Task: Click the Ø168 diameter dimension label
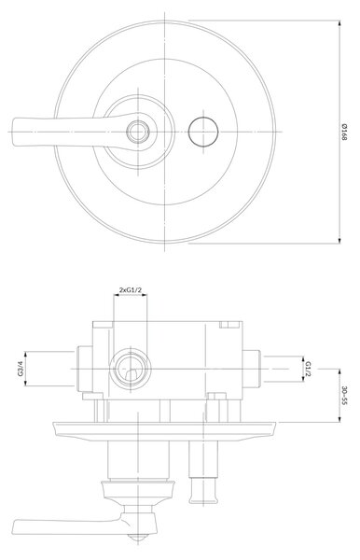(344, 132)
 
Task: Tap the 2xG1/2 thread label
(130, 289)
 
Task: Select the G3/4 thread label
(21, 369)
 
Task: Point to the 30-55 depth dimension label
(344, 396)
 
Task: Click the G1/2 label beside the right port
(309, 369)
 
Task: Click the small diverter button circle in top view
(203, 131)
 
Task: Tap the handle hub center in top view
(138, 132)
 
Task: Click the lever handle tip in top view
(14, 132)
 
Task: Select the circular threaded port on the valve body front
(131, 369)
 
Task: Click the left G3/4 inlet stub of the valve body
(85, 369)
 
